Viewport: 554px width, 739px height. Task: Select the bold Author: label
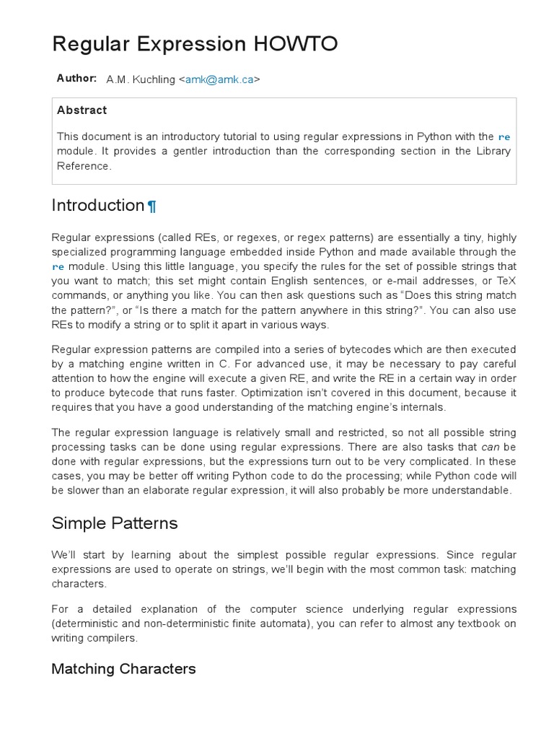(76, 78)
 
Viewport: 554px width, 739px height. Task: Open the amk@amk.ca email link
(219, 79)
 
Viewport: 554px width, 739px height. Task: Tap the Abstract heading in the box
(82, 110)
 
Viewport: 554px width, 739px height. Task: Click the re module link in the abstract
(504, 136)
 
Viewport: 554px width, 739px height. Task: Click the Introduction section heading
(98, 206)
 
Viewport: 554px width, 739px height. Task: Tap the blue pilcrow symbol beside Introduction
(151, 207)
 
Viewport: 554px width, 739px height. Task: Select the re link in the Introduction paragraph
(58, 266)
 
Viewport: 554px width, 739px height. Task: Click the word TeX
(505, 281)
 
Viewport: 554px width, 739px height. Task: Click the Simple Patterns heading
(115, 523)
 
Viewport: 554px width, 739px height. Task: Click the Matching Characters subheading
(123, 669)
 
